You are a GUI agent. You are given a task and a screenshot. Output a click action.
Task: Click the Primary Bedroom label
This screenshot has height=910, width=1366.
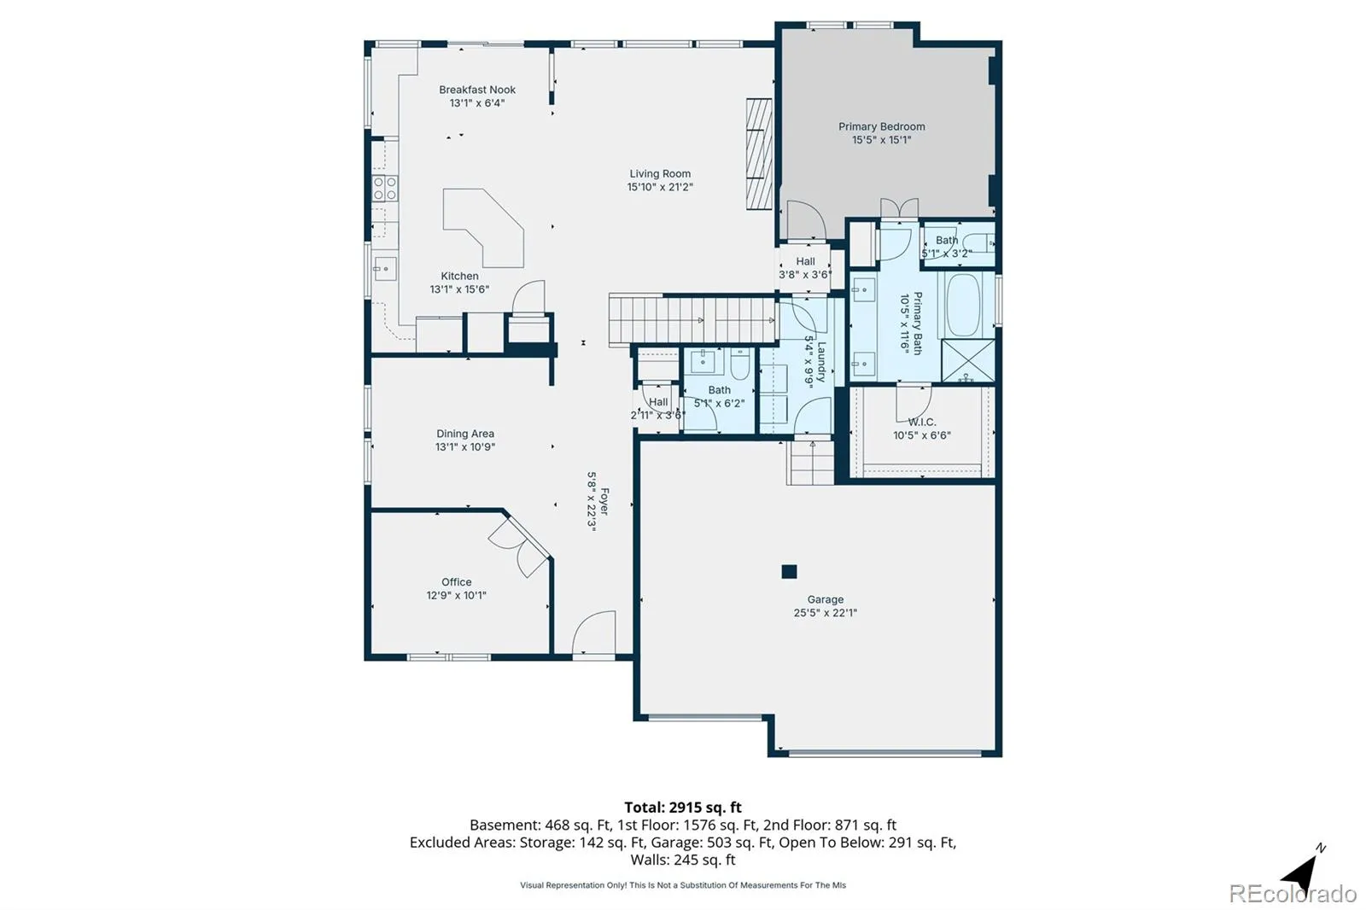click(x=881, y=127)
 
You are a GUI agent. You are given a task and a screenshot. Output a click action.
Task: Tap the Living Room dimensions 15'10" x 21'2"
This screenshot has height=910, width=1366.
click(x=660, y=187)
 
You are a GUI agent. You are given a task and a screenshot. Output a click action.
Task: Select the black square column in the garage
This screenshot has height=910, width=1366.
click(x=789, y=571)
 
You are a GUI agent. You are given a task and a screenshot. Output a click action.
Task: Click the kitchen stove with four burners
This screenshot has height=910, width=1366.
click(x=385, y=188)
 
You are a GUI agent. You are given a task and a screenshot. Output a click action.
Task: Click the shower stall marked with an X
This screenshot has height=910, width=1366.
click(x=968, y=360)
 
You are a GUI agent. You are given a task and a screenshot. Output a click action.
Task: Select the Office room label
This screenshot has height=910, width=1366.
click(x=456, y=582)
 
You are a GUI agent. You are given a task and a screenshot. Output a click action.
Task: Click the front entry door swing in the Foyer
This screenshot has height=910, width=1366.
click(x=593, y=632)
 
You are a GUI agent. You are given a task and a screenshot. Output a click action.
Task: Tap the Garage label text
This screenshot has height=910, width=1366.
click(x=825, y=599)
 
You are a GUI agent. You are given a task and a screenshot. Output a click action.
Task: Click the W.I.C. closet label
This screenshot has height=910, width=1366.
click(x=921, y=422)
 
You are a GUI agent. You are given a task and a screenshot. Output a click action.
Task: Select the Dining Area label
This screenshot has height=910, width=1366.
click(x=465, y=434)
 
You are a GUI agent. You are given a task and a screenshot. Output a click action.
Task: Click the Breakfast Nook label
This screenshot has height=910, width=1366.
click(x=477, y=90)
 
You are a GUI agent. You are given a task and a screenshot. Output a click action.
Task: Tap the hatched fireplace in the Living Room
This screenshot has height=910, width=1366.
click(x=759, y=155)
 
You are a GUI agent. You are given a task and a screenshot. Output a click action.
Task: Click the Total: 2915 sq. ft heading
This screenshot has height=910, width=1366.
click(x=683, y=808)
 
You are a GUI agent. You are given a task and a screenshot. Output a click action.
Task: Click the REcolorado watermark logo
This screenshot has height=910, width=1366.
click(x=1293, y=894)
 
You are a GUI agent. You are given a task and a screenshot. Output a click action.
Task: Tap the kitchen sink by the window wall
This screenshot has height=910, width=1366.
click(x=385, y=269)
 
